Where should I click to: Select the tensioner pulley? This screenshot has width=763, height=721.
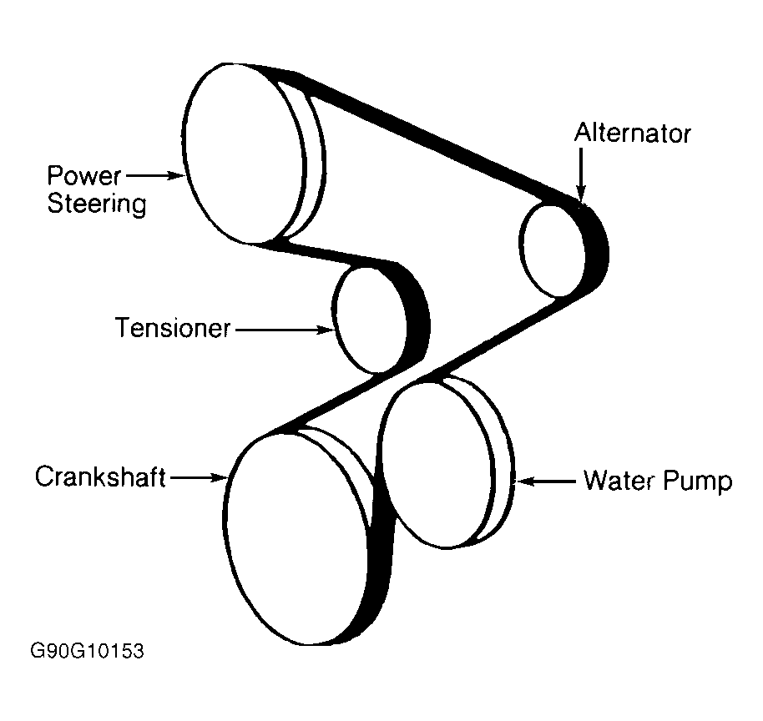click(x=371, y=320)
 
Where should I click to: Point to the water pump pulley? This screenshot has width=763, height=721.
click(x=434, y=463)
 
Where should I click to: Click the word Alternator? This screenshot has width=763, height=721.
click(x=633, y=134)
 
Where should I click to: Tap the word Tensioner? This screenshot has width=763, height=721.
click(x=172, y=329)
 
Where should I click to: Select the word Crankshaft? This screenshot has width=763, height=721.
click(x=100, y=477)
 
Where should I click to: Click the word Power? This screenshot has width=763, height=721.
click(x=83, y=176)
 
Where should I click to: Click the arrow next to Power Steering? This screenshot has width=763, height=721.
click(x=155, y=175)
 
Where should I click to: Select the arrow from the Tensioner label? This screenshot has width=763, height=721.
click(x=284, y=330)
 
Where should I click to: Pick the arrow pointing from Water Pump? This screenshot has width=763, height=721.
click(x=547, y=481)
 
